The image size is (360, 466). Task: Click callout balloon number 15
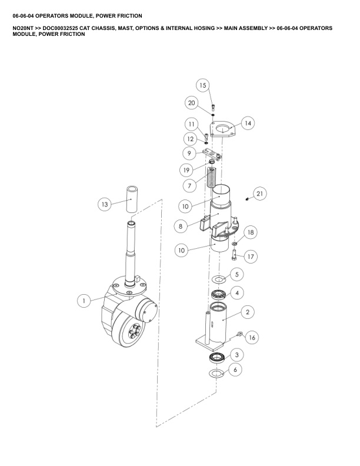[202, 85]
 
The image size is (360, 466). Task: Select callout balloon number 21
[259, 194]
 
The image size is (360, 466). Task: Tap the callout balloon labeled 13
[105, 204]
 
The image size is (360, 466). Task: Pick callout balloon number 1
[84, 301]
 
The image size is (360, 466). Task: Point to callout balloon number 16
[252, 337]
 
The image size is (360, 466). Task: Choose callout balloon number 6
[235, 370]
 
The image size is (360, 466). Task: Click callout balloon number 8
[181, 226]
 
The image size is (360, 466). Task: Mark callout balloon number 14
[248, 123]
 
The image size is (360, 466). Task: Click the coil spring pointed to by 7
[211, 178]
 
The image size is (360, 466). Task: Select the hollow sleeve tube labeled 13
[132, 199]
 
